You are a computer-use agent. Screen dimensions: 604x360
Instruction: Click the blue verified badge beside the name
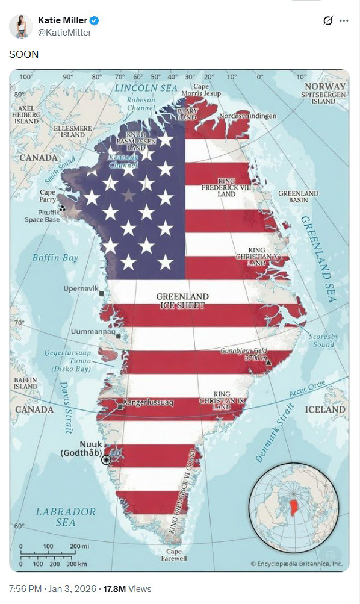95,21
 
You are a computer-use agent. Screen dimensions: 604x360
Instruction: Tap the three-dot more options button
344,21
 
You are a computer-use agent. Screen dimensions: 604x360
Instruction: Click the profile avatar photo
20,26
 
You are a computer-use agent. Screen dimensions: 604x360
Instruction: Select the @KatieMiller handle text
64,33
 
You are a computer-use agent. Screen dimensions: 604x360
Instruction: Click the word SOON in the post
23,54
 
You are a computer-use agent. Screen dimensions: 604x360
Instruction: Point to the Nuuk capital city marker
107,459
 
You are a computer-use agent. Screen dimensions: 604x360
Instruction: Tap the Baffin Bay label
55,258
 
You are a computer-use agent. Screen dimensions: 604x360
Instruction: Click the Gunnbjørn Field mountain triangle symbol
268,363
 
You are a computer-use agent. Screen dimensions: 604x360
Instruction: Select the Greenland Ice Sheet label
182,301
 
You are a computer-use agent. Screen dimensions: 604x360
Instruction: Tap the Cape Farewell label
173,555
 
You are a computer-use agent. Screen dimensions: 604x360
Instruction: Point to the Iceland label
326,409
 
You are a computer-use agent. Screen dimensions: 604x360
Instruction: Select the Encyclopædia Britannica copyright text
296,564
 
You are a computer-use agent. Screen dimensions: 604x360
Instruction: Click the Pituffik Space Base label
42,216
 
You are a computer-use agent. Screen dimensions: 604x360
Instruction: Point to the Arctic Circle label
308,389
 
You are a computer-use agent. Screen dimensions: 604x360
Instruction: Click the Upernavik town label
81,289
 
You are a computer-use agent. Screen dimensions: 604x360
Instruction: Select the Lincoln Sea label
146,88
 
